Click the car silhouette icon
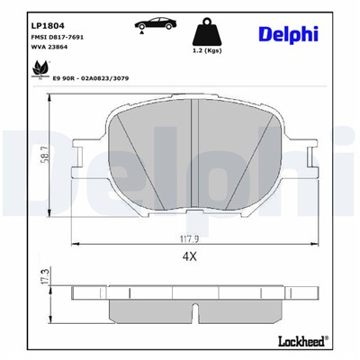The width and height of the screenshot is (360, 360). click(155, 22)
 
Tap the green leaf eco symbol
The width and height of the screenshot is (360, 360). click(39, 69)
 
